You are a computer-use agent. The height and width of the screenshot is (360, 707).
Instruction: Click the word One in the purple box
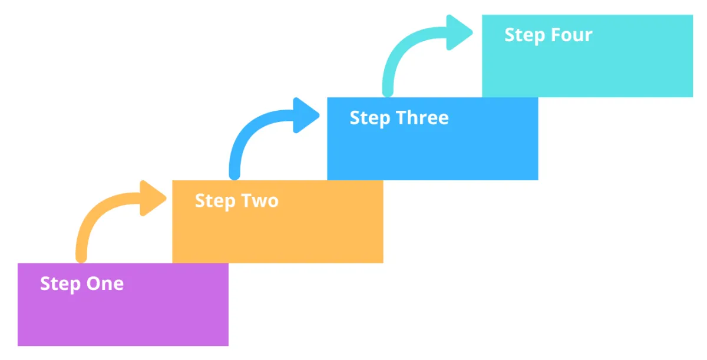pyautogui.click(x=105, y=283)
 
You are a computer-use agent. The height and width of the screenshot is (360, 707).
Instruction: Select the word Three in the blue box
pyautogui.click(x=422, y=117)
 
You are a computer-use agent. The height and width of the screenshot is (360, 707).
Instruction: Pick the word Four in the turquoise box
pyautogui.click(x=571, y=35)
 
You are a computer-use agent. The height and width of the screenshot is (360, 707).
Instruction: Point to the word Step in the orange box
pyautogui.click(x=215, y=202)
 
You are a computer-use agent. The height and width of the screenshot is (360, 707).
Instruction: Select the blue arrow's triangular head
pyautogui.click(x=306, y=115)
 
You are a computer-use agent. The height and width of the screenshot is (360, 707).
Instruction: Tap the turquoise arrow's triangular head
pyautogui.click(x=459, y=32)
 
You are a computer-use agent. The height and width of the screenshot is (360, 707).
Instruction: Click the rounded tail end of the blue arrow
pyautogui.click(x=234, y=175)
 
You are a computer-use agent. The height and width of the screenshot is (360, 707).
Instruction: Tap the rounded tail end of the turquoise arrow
pyautogui.click(x=388, y=92)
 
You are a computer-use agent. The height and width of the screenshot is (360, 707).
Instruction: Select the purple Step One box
pyautogui.click(x=123, y=305)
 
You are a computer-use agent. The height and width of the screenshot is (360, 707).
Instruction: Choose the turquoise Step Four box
pyautogui.click(x=587, y=56)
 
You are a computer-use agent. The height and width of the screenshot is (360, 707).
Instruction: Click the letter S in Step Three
pyautogui.click(x=355, y=117)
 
